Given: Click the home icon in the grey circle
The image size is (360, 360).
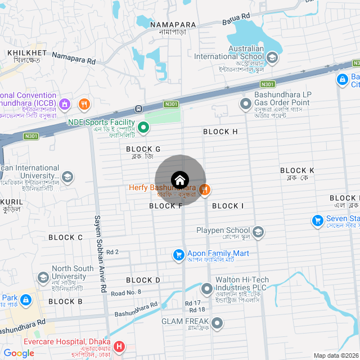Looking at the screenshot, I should click(180, 180).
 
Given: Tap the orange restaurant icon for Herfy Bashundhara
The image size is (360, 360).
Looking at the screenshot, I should click(205, 190).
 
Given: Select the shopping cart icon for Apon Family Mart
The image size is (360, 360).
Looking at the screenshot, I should click(179, 255).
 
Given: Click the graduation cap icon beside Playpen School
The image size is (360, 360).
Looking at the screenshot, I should click(258, 232).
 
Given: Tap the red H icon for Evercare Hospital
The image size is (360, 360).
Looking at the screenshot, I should click(119, 346).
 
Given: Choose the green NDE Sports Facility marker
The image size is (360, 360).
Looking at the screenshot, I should click(143, 128).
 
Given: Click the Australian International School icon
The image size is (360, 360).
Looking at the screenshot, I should click(272, 57).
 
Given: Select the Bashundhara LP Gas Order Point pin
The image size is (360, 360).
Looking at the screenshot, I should click(245, 103).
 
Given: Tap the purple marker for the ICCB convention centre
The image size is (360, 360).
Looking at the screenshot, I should click(65, 103).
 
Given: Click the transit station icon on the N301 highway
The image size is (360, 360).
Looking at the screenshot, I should click(138, 108).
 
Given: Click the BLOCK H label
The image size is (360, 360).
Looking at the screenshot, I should click(220, 132).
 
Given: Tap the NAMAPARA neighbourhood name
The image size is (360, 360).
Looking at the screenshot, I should click(173, 25).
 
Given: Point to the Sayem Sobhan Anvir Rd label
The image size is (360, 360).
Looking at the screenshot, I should click(100, 253).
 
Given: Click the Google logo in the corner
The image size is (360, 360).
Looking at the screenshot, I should click(19, 353).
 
